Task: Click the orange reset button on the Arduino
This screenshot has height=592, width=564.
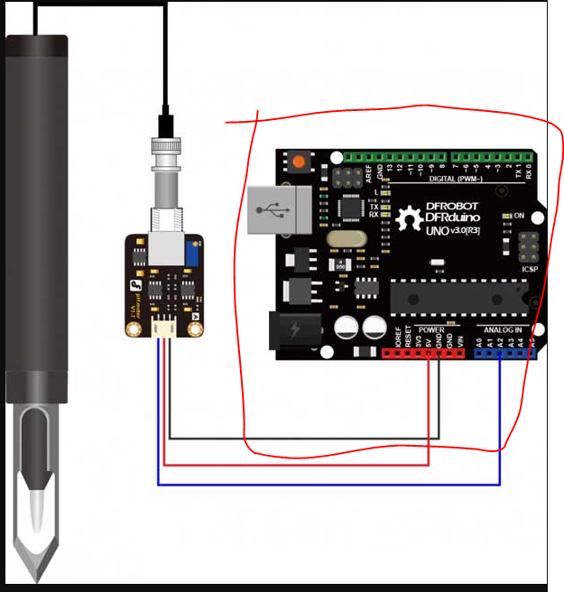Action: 296,163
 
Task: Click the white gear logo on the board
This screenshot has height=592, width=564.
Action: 412,218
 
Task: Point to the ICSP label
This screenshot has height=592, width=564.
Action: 530,267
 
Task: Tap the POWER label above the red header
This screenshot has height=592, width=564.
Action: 431,329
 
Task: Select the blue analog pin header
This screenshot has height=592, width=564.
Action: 506,353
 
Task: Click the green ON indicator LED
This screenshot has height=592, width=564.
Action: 506,217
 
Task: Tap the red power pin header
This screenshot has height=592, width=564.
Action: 424,353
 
